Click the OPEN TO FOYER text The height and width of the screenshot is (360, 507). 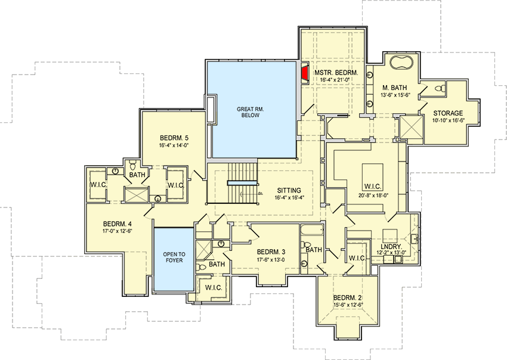pos(174,257)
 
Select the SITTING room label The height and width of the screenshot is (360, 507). pos(288,191)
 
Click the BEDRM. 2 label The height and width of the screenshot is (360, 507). pos(347,298)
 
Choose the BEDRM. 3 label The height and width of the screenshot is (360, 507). pos(271,252)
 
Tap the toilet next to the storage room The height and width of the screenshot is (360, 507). pos(439,89)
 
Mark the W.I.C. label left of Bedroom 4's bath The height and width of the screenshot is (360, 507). pos(98,184)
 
